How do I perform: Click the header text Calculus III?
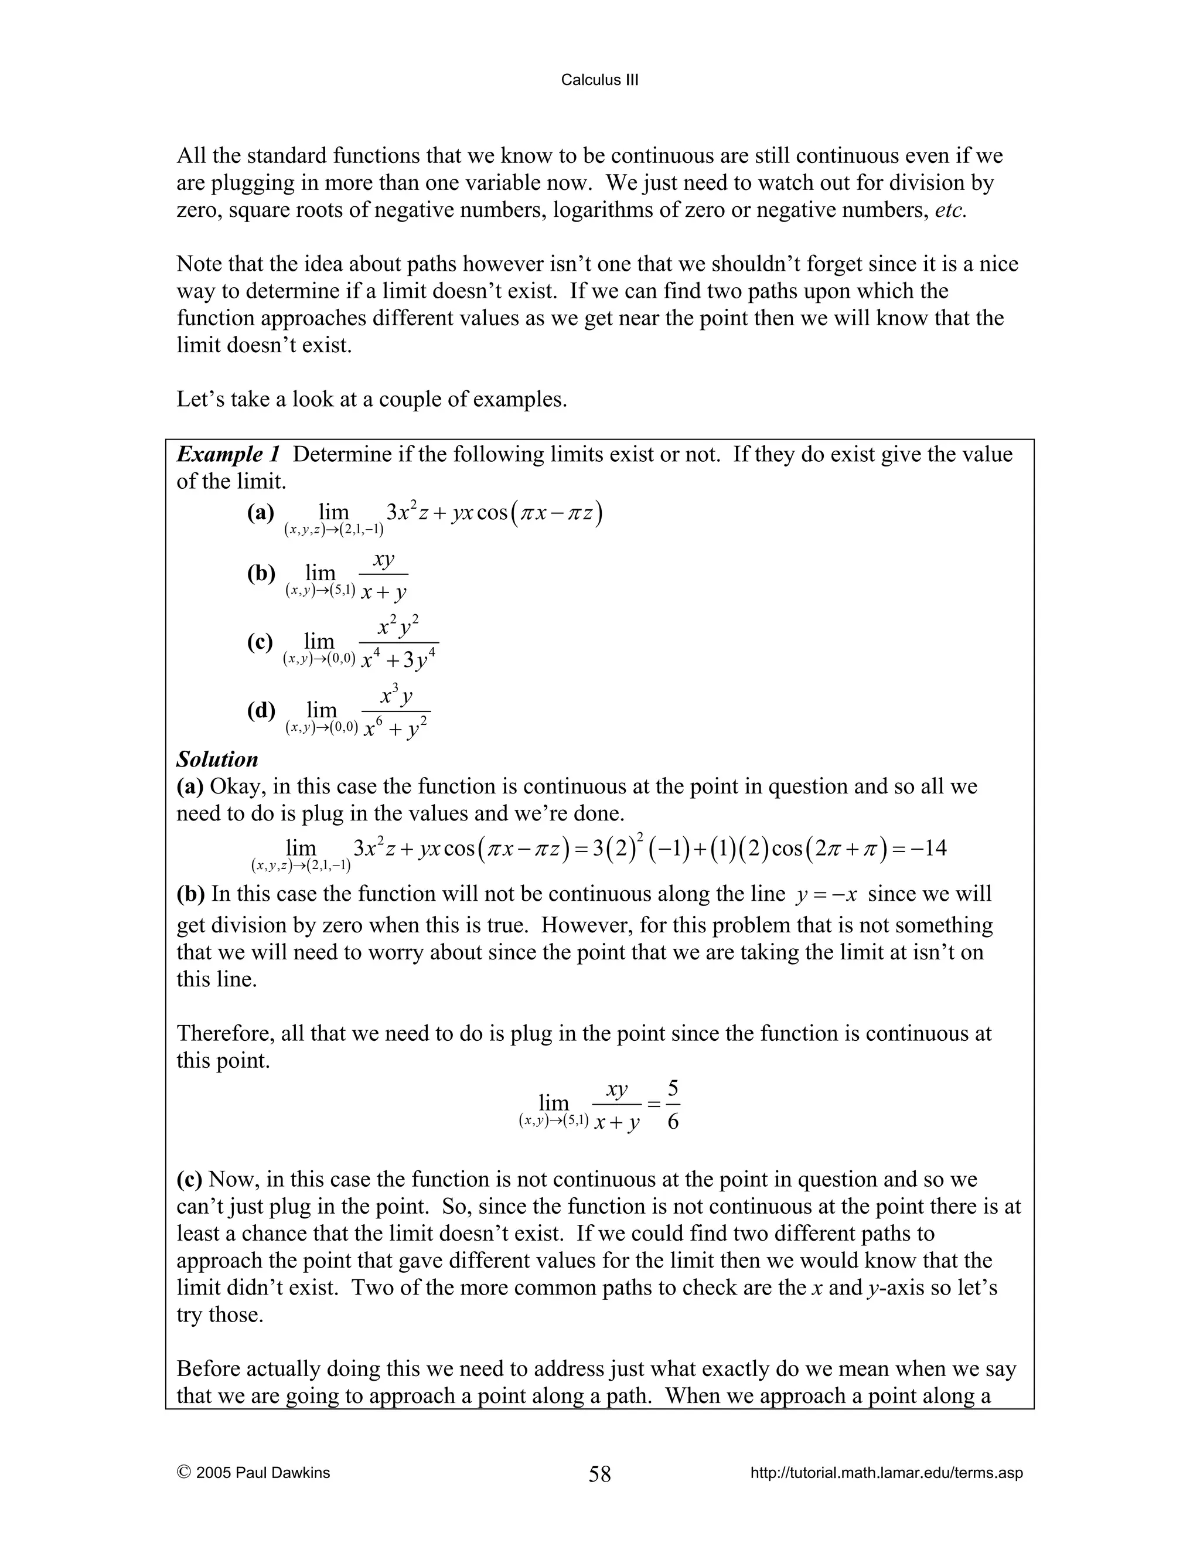click(599, 80)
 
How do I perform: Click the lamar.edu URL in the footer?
click(887, 1473)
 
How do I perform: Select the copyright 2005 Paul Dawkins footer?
click(253, 1473)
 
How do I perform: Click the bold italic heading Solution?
click(217, 759)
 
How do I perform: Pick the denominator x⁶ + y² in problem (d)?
click(396, 730)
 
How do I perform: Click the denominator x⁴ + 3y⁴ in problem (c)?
click(398, 660)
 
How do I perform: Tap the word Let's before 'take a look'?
click(200, 400)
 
